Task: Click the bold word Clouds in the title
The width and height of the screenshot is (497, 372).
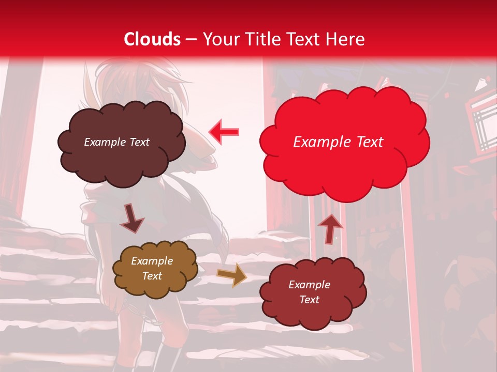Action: (152, 39)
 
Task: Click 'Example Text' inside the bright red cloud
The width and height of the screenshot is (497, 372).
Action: (338, 142)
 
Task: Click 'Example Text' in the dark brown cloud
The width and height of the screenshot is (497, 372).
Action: (116, 142)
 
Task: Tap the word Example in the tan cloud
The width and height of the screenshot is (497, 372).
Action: (152, 261)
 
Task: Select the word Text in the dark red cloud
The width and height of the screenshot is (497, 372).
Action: (309, 300)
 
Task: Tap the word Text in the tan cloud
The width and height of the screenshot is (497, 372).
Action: (152, 276)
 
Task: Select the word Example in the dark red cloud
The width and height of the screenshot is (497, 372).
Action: (309, 285)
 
